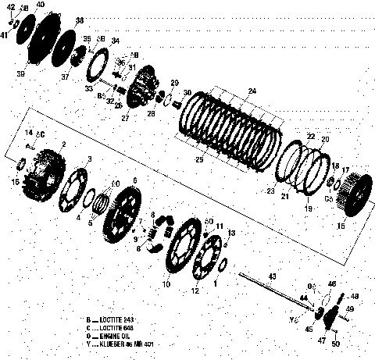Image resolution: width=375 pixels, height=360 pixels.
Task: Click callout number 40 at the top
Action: [x=41, y=5]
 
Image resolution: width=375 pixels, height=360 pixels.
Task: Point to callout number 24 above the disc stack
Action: [x=252, y=91]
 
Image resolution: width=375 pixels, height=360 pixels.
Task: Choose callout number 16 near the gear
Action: [x=340, y=226]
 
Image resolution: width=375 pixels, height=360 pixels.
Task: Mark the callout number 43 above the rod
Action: [x=273, y=276]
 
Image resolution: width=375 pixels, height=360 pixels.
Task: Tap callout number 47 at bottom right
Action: [x=321, y=341]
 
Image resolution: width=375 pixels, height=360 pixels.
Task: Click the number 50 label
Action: [x=336, y=344]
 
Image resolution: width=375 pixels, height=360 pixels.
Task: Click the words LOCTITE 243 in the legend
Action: [x=117, y=320]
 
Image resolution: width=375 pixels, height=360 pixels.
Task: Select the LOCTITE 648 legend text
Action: [x=117, y=328]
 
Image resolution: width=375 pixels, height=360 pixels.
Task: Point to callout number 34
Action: [x=116, y=40]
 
